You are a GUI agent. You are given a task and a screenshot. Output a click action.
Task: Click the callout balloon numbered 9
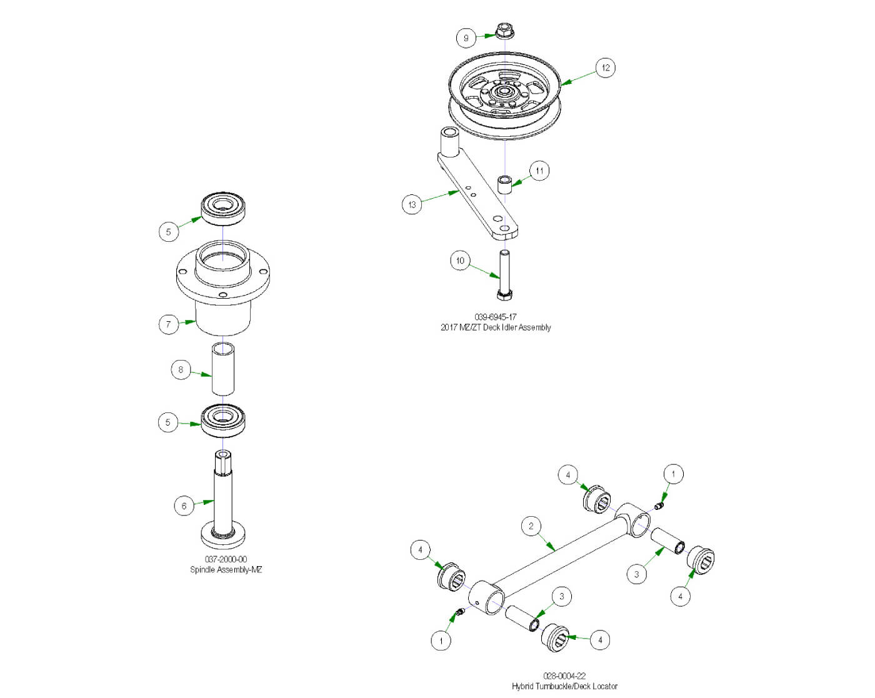pos(466,37)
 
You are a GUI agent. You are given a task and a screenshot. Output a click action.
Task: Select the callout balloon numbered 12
pos(605,67)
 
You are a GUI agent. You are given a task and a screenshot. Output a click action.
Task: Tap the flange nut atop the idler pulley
pos(504,31)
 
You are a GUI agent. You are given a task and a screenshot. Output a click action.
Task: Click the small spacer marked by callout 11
pos(504,185)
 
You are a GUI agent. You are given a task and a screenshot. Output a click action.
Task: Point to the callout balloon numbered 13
pos(412,204)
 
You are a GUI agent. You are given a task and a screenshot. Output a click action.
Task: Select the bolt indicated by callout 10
pos(504,275)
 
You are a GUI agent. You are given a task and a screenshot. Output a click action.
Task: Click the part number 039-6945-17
pos(495,317)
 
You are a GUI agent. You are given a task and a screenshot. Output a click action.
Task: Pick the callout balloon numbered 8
pos(181,369)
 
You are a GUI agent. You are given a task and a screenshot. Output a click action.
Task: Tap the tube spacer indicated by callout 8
pos(223,369)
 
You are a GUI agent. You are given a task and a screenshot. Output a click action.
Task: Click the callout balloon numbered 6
pos(184,506)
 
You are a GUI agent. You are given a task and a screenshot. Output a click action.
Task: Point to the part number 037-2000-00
pos(226,559)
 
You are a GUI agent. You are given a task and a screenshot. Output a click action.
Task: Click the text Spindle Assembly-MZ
pos(226,569)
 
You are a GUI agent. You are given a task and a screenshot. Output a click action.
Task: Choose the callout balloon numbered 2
pos(531,526)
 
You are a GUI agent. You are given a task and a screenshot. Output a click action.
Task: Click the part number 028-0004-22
pos(564,676)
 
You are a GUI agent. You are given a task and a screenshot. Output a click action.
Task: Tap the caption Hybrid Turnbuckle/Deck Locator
pos(564,686)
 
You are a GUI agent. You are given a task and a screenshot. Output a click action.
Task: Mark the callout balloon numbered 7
pos(168,324)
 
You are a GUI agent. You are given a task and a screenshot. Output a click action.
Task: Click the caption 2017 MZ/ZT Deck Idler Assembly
pos(495,327)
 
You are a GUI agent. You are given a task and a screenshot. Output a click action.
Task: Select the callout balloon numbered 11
pos(539,171)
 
